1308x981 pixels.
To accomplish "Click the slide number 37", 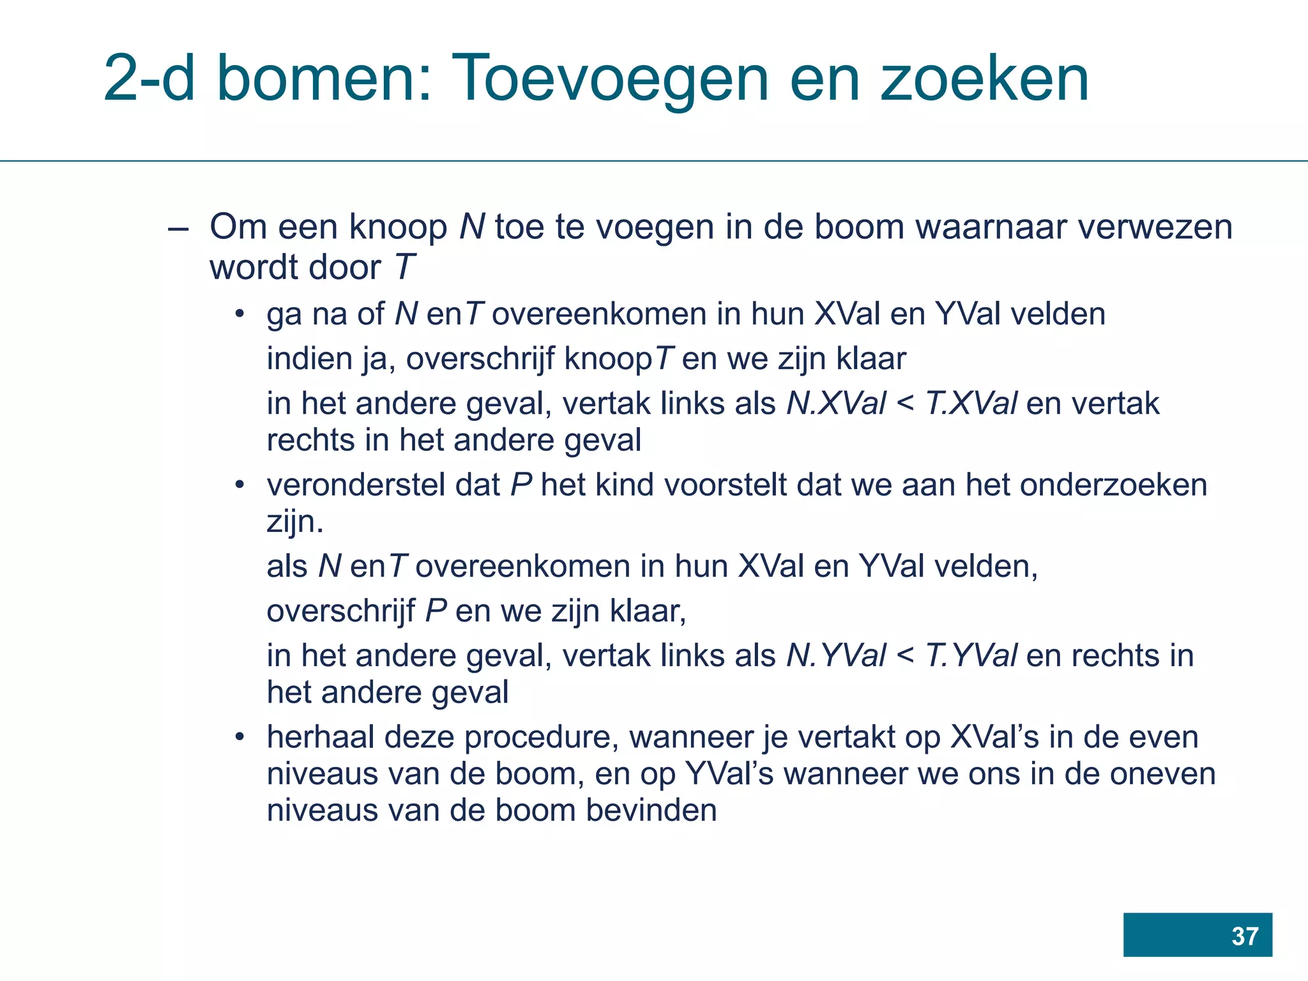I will (1244, 936).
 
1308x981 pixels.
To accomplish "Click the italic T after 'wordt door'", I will (405, 267).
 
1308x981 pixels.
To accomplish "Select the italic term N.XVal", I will (836, 404).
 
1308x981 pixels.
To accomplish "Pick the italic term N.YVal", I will (836, 656).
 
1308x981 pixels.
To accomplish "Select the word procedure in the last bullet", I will (542, 738).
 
